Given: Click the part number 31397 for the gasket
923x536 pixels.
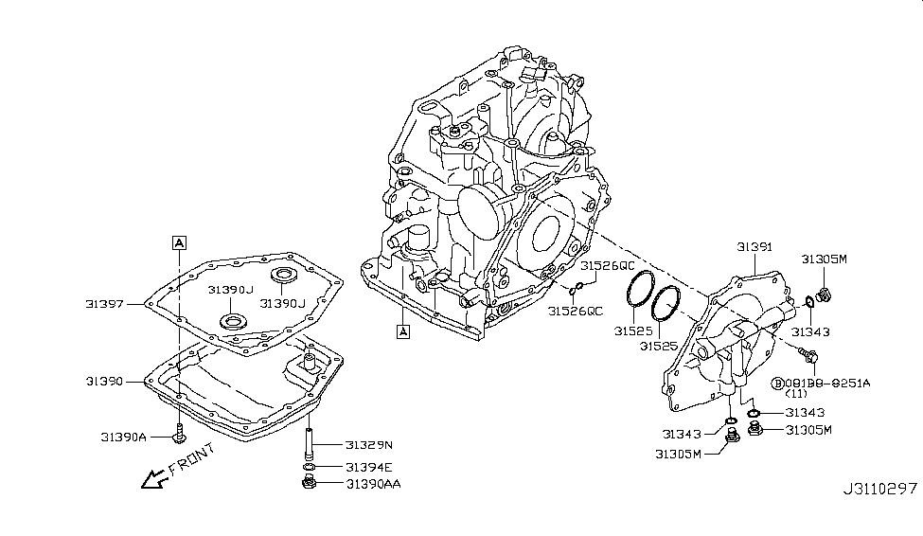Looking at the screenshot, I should (105, 304).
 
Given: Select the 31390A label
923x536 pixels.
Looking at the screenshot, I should (123, 437).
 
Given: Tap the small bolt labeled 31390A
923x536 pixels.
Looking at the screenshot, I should (179, 435).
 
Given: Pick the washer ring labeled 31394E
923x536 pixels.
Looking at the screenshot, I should (310, 467).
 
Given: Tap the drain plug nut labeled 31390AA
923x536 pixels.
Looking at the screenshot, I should (310, 484).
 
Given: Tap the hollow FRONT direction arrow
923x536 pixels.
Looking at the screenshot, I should (151, 480).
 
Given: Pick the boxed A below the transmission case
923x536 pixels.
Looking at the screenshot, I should (402, 331).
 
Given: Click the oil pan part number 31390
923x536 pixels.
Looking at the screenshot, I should (105, 381).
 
